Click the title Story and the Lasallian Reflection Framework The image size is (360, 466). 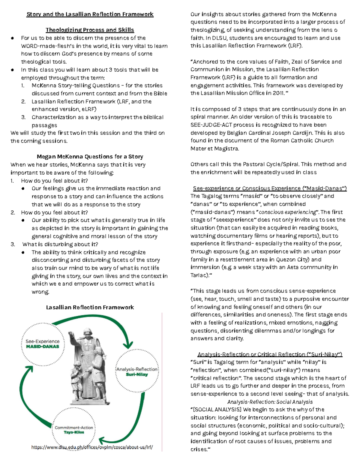click(90, 14)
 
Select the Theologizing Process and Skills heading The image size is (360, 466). click(90, 30)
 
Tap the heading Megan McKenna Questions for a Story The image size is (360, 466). click(90, 156)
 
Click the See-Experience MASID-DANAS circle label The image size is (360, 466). click(42, 344)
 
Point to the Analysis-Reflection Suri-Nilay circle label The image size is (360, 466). click(137, 372)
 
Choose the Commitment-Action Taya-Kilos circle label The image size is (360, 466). click(74, 430)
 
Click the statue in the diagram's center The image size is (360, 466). click(87, 366)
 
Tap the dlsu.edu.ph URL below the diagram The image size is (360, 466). click(92, 447)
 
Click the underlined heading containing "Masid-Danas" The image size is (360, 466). click(270, 188)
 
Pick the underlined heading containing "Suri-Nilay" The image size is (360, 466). click(270, 354)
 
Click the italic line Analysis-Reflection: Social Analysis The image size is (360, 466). click(270, 402)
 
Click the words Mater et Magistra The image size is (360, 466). click(214, 149)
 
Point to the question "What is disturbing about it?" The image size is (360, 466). click(60, 244)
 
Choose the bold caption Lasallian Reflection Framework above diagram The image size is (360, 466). click(90, 307)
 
